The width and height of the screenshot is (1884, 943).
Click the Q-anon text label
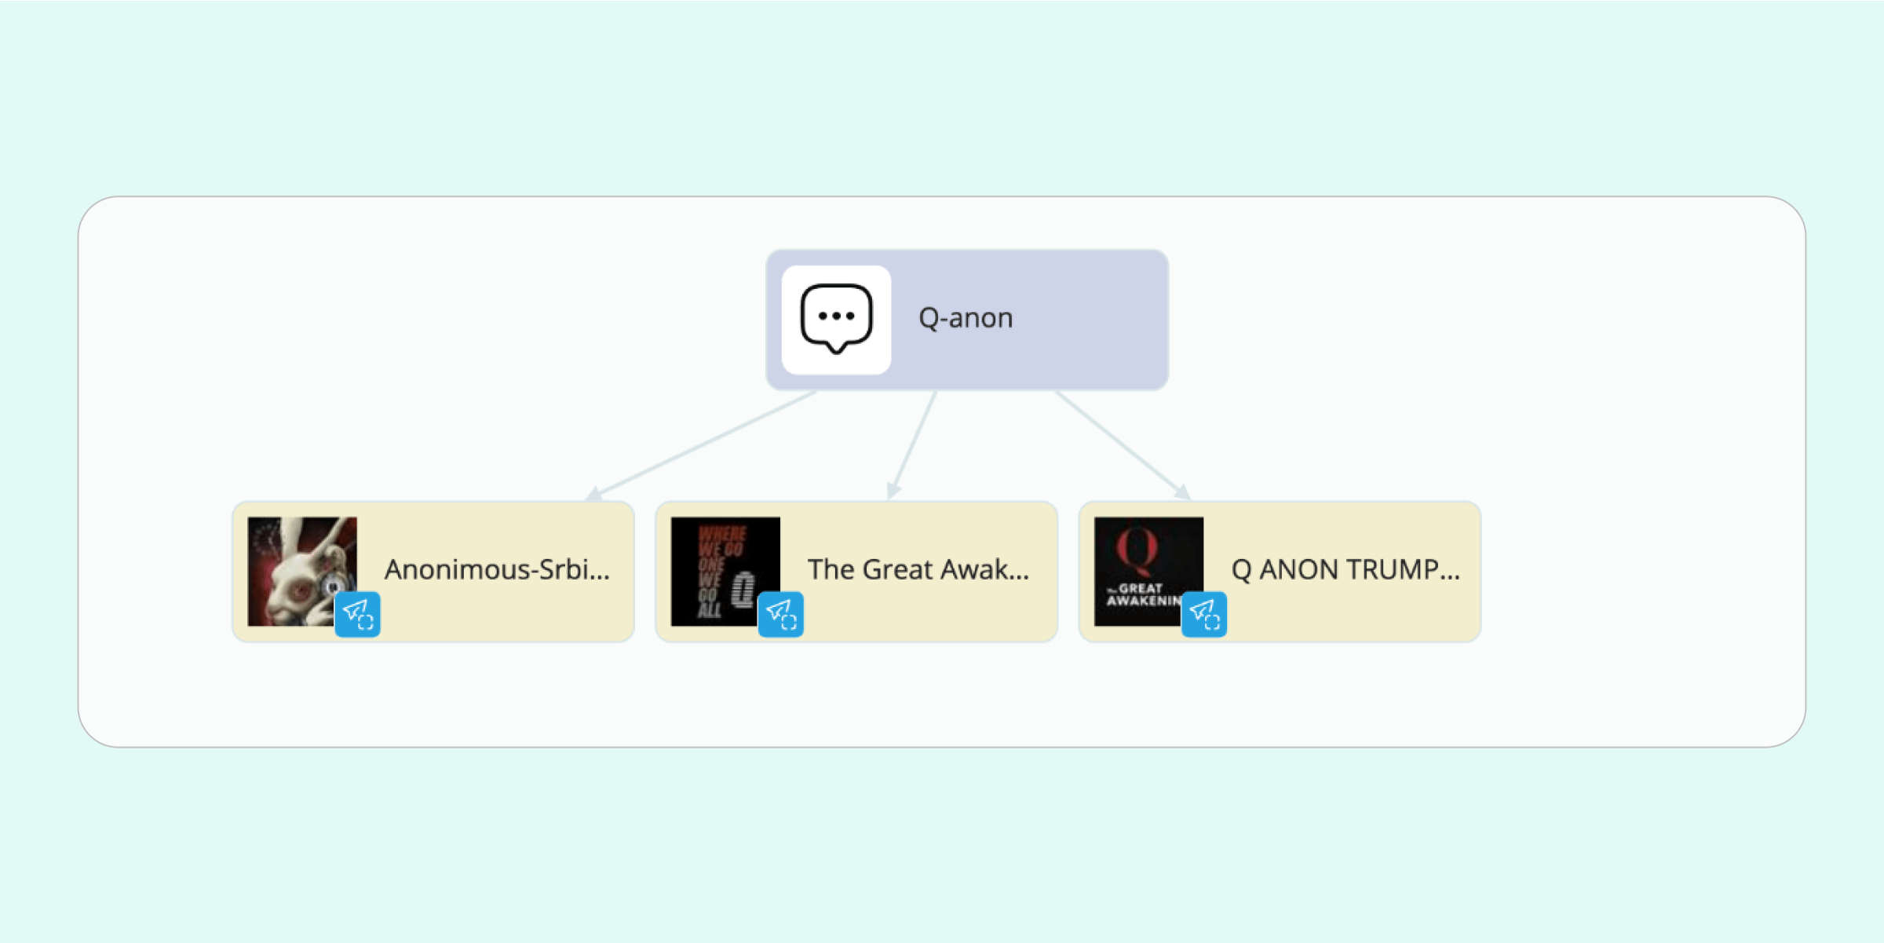pyautogui.click(x=966, y=318)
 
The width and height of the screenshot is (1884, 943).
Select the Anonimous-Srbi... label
pyautogui.click(x=497, y=569)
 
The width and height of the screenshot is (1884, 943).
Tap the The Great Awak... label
pyautogui.click(x=918, y=569)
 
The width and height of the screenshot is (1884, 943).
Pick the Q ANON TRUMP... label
pyautogui.click(x=1345, y=569)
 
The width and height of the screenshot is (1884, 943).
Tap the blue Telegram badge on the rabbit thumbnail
pyautogui.click(x=358, y=614)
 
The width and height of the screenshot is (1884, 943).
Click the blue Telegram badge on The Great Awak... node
pyautogui.click(x=781, y=614)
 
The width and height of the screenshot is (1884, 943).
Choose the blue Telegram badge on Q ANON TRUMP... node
pyautogui.click(x=1204, y=614)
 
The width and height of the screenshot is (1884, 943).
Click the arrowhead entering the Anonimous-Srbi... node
pyautogui.click(x=594, y=495)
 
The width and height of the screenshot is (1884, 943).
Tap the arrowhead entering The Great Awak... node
pyautogui.click(x=893, y=492)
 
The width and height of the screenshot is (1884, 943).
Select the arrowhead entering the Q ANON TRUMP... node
pyautogui.click(x=1183, y=492)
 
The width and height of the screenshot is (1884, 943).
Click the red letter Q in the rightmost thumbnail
pyautogui.click(x=1137, y=547)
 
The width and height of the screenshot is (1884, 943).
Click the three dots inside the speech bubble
pyautogui.click(x=836, y=316)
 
